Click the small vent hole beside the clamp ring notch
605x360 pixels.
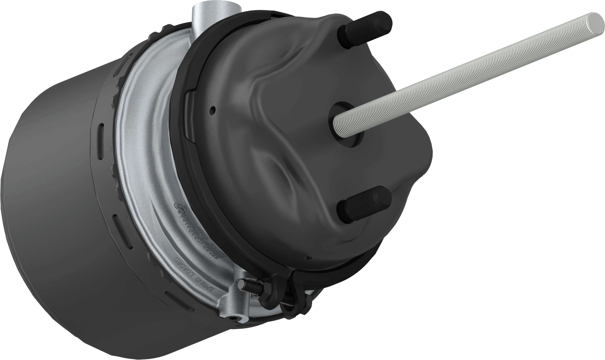[213, 108]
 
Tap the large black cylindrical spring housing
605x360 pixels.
[66, 212]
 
